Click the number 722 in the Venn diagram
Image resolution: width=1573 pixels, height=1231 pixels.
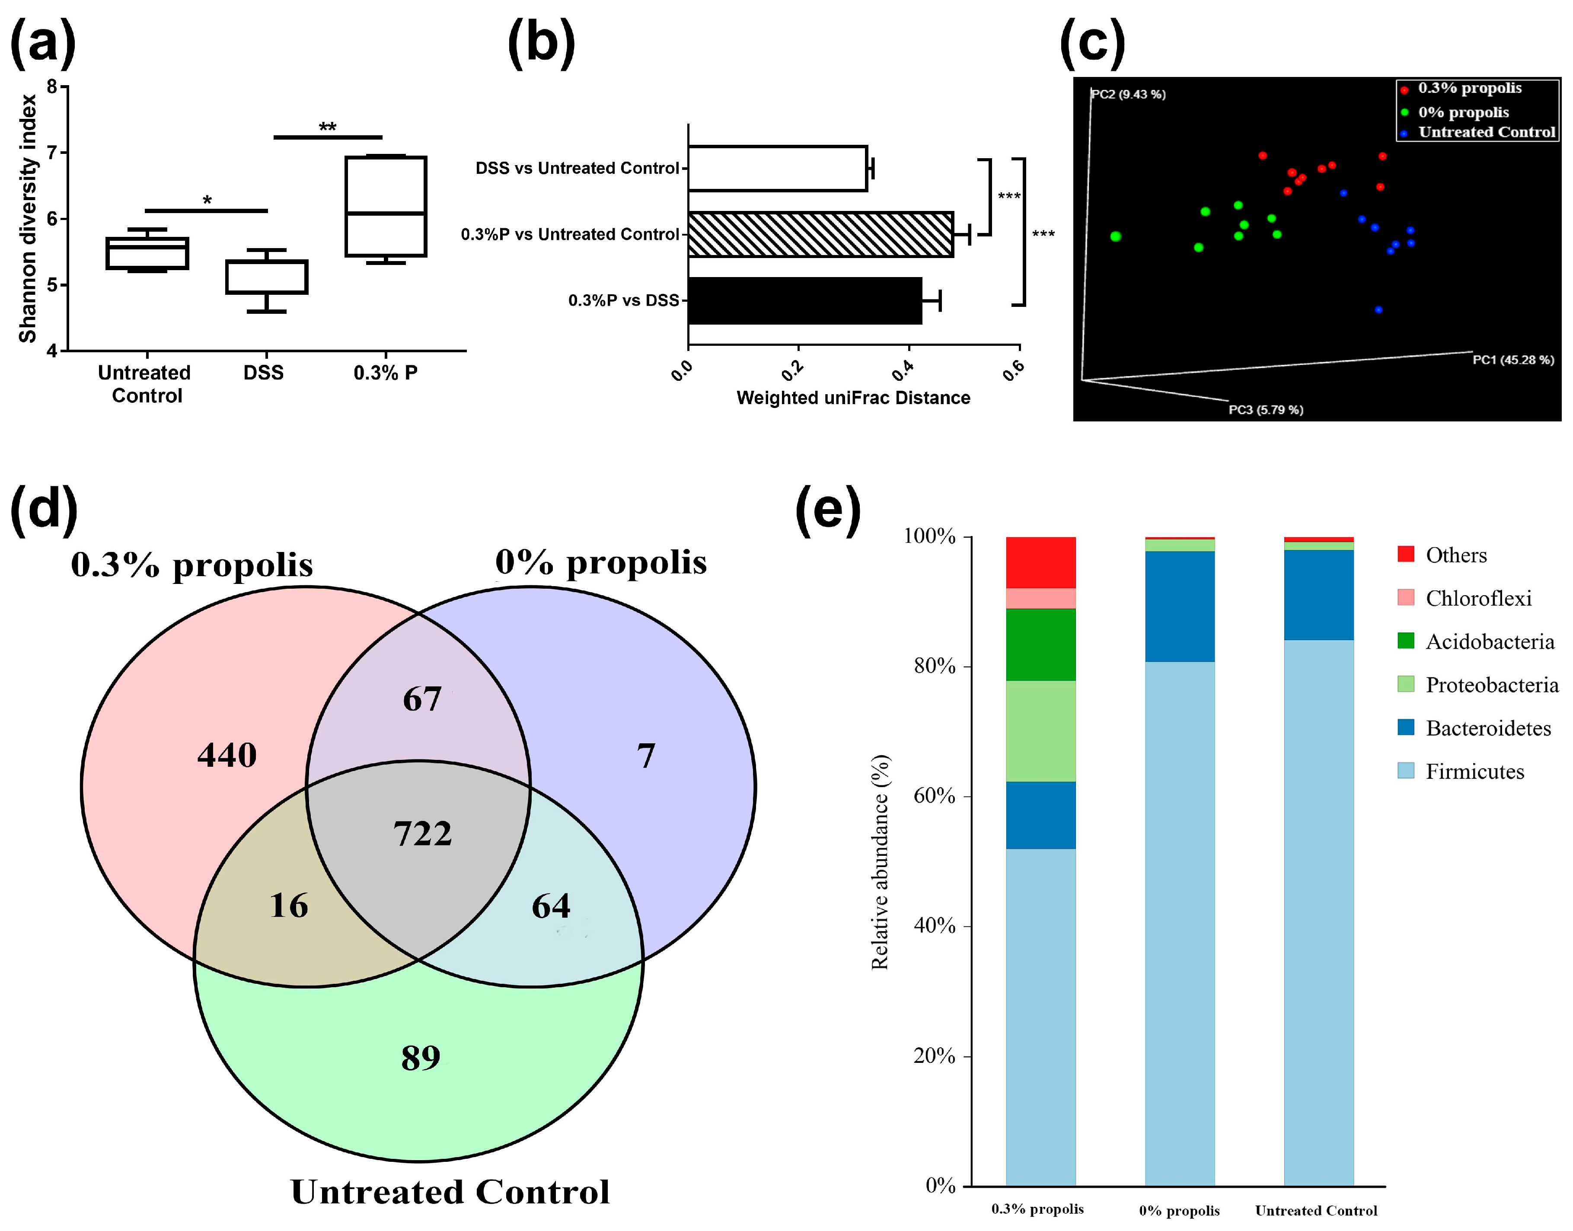click(x=422, y=834)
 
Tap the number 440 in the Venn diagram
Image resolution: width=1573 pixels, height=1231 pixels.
click(x=227, y=755)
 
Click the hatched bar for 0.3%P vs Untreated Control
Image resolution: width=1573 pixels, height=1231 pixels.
click(x=820, y=234)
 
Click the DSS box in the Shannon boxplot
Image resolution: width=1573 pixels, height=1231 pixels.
click(x=267, y=277)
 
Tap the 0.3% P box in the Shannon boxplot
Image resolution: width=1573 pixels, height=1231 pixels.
click(x=386, y=206)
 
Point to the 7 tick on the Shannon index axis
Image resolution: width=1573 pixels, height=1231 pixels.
click(x=52, y=153)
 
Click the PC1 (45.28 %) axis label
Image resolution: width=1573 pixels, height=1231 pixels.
click(x=1512, y=360)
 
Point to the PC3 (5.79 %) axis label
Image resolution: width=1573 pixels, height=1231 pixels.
click(x=1265, y=409)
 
